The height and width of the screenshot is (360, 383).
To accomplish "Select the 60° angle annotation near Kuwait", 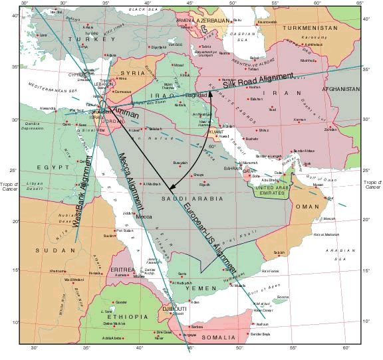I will click(x=213, y=147).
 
